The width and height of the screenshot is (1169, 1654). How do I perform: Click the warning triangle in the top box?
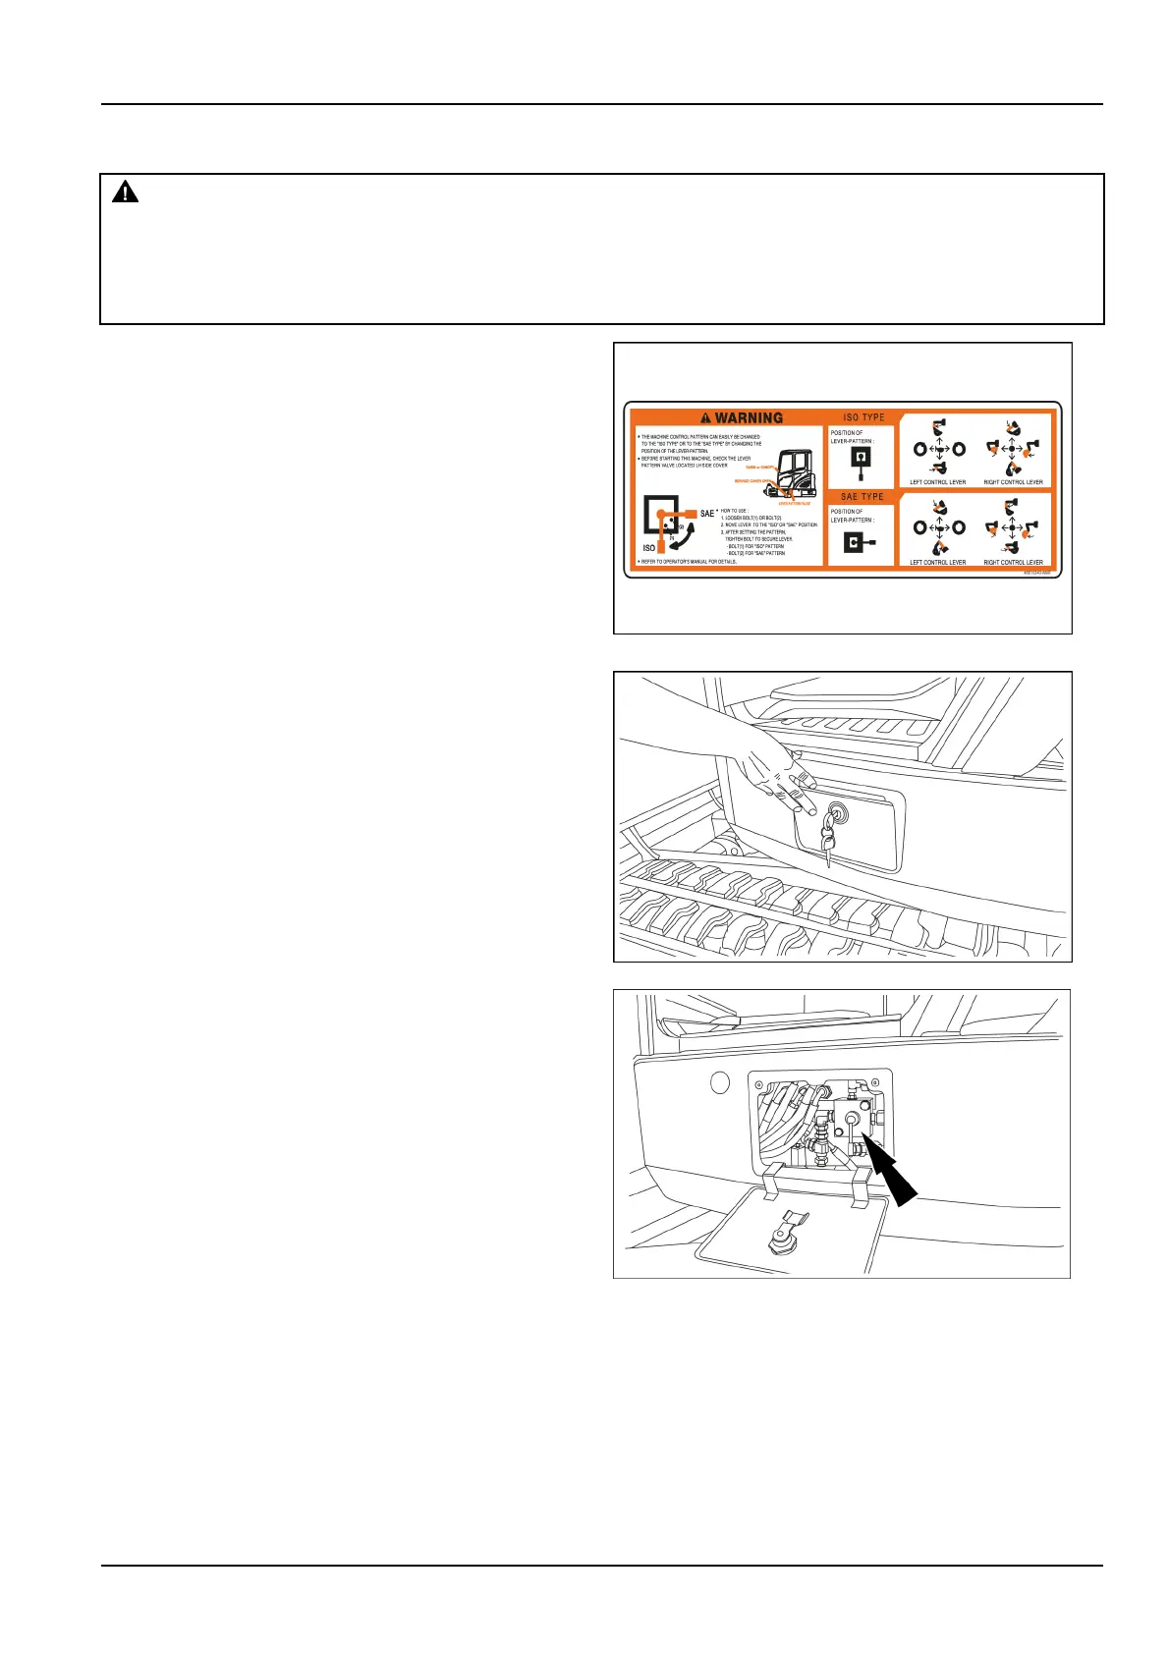[x=125, y=193]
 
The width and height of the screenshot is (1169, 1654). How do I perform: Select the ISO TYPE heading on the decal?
[x=863, y=417]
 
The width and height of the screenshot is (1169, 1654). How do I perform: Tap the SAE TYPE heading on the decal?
[x=863, y=497]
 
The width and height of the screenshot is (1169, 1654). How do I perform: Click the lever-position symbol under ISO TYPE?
[x=861, y=461]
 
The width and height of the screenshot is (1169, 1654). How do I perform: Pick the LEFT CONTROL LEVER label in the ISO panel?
[x=937, y=482]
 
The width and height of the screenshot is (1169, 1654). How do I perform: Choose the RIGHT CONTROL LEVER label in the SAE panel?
[x=1013, y=563]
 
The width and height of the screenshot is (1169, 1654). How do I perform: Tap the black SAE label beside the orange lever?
[x=707, y=514]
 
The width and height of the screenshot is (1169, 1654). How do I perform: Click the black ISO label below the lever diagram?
[x=648, y=548]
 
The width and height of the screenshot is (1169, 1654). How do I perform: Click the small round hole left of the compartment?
[x=720, y=1084]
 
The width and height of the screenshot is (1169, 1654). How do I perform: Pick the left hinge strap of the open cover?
[x=772, y=1179]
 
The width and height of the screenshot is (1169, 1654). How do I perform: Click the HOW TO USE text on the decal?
[x=737, y=511]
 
